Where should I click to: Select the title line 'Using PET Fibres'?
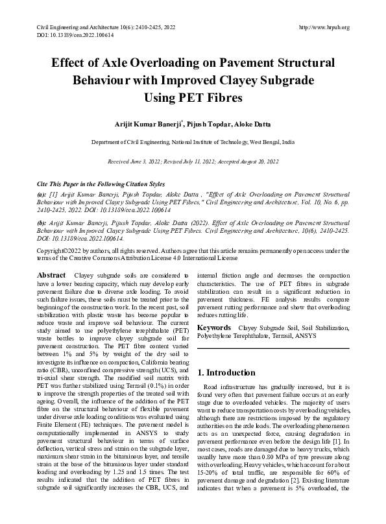(x=193, y=99)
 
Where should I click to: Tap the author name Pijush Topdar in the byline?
(x=200, y=124)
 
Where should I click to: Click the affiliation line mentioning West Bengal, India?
(x=193, y=141)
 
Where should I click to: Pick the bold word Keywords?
(x=214, y=329)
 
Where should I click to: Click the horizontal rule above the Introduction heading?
(x=272, y=350)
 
